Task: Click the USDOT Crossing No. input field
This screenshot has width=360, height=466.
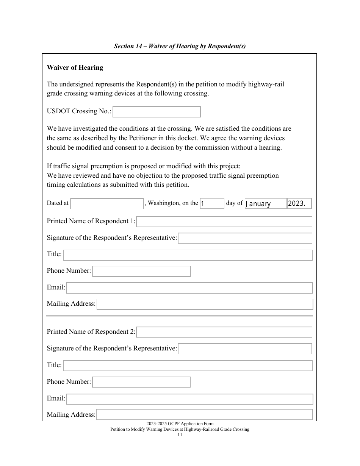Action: [157, 112]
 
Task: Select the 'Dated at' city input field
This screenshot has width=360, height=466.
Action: [107, 203]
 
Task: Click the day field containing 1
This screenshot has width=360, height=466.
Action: [212, 203]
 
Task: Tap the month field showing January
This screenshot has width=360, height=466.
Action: [265, 203]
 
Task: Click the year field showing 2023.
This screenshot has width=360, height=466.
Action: [299, 203]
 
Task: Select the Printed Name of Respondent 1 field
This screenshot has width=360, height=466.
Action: [224, 222]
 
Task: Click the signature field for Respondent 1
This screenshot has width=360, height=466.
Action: [245, 238]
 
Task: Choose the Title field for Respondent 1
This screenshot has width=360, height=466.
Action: [188, 255]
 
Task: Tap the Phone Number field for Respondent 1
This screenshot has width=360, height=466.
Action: [141, 271]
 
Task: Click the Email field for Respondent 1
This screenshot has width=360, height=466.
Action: [189, 288]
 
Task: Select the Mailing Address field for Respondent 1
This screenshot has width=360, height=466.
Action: [205, 304]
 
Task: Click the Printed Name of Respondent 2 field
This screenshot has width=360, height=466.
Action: [224, 332]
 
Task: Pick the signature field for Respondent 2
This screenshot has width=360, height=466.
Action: [245, 349]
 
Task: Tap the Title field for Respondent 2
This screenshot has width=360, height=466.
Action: [188, 366]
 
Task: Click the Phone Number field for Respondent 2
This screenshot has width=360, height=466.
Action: [141, 382]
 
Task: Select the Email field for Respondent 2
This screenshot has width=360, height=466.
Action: [189, 399]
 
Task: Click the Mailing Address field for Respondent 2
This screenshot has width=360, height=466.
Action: [205, 415]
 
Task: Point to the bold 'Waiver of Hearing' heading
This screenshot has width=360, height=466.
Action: [75, 68]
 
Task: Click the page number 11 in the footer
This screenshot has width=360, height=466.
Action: [180, 435]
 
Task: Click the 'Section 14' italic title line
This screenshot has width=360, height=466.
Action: [180, 46]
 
